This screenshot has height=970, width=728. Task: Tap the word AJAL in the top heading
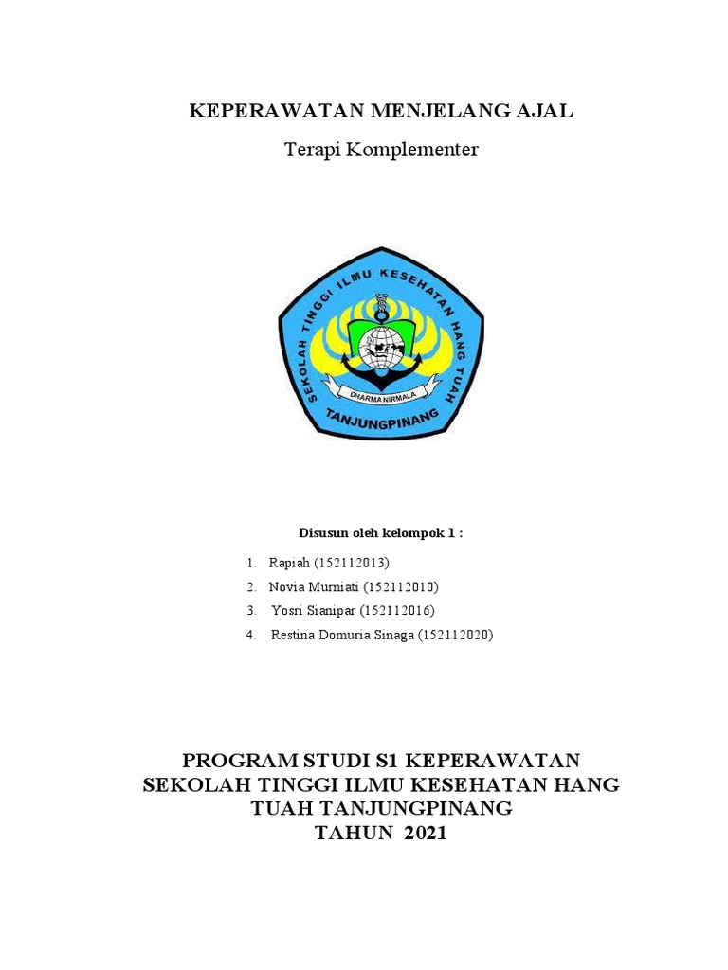pyautogui.click(x=542, y=112)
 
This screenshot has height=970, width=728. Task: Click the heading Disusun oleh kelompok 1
pyautogui.click(x=381, y=533)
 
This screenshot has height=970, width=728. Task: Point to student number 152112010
pyautogui.click(x=400, y=587)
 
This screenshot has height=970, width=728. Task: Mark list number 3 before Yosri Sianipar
pyautogui.click(x=251, y=611)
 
